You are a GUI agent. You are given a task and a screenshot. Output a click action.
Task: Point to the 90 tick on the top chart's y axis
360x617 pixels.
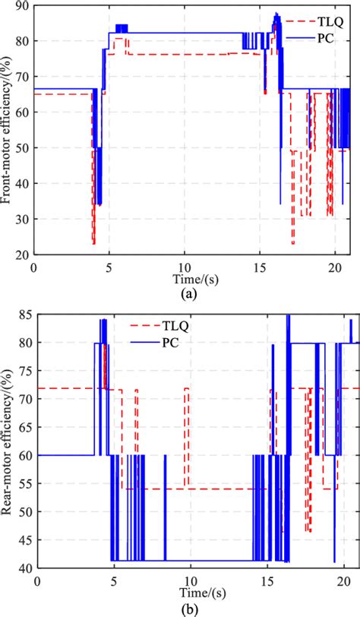23,7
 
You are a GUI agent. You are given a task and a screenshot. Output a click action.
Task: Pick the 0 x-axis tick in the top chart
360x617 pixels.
33,268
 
